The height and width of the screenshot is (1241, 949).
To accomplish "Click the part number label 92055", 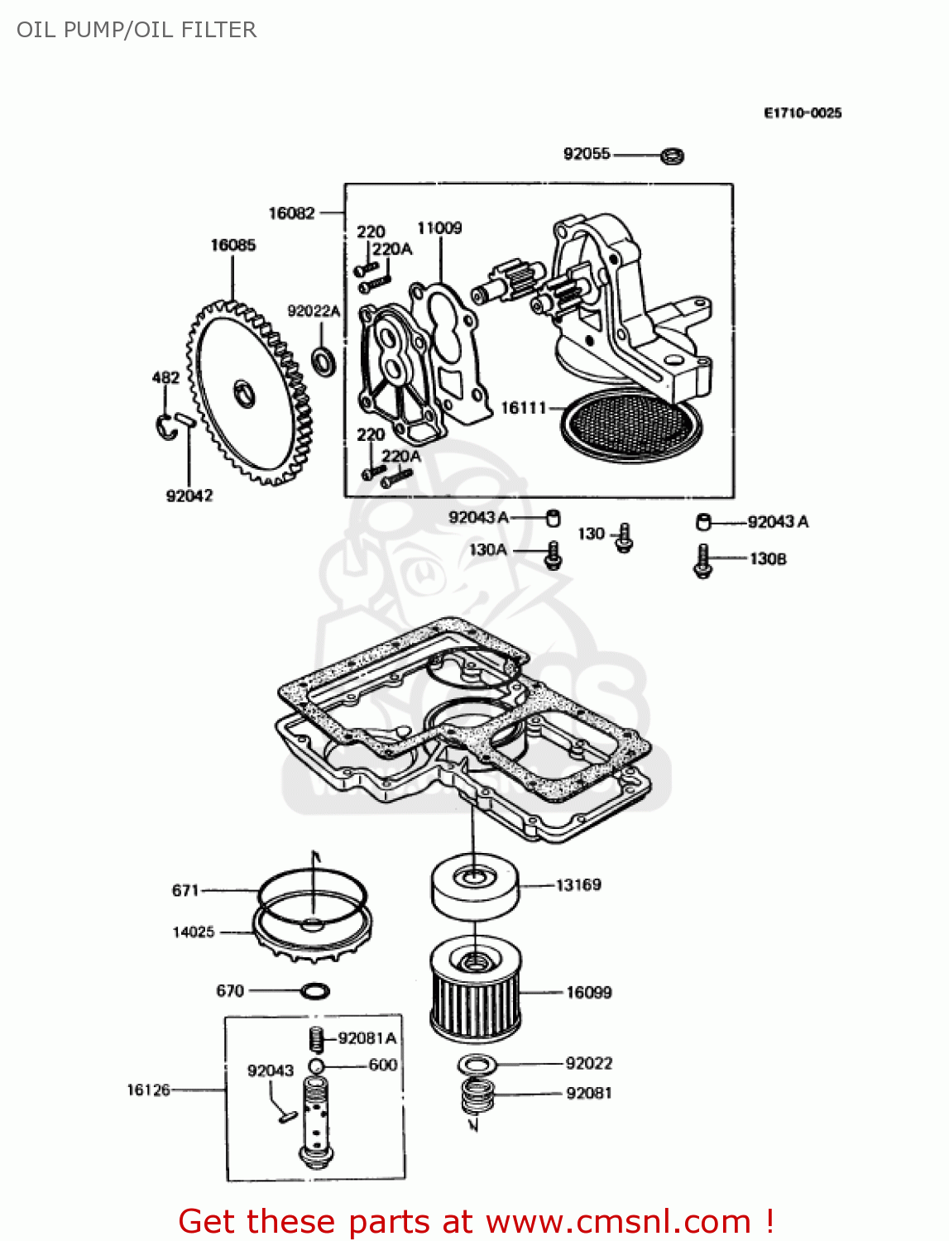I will pyautogui.click(x=586, y=154).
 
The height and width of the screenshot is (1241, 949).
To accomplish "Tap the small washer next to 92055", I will pyautogui.click(x=672, y=155).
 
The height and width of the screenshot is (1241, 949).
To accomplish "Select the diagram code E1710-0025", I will pyautogui.click(x=802, y=113).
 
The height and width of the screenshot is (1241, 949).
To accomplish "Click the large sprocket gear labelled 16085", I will pyautogui.click(x=248, y=392).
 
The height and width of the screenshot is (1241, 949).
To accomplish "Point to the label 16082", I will pyautogui.click(x=291, y=213).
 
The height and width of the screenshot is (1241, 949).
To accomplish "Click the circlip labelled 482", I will pyautogui.click(x=167, y=426).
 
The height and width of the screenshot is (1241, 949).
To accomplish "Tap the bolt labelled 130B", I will pyautogui.click(x=702, y=561).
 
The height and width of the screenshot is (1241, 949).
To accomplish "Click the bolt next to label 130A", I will pyautogui.click(x=553, y=555).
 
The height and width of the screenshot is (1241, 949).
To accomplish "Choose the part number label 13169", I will pyautogui.click(x=578, y=885).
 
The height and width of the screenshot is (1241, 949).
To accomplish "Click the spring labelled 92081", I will pyautogui.click(x=477, y=1095).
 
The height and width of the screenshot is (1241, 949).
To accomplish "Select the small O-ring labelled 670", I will pyautogui.click(x=315, y=990).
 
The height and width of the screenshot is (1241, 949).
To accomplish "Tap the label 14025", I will pyautogui.click(x=193, y=932).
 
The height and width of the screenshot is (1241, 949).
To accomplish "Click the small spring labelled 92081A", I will pyautogui.click(x=315, y=1038).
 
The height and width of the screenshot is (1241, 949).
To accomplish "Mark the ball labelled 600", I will pyautogui.click(x=315, y=1065).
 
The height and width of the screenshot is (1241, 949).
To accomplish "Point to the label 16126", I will pyautogui.click(x=148, y=1090).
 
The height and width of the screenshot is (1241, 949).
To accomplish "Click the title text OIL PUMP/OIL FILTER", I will pyautogui.click(x=137, y=30).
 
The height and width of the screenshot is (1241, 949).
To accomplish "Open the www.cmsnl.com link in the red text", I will pyautogui.click(x=617, y=1222).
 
